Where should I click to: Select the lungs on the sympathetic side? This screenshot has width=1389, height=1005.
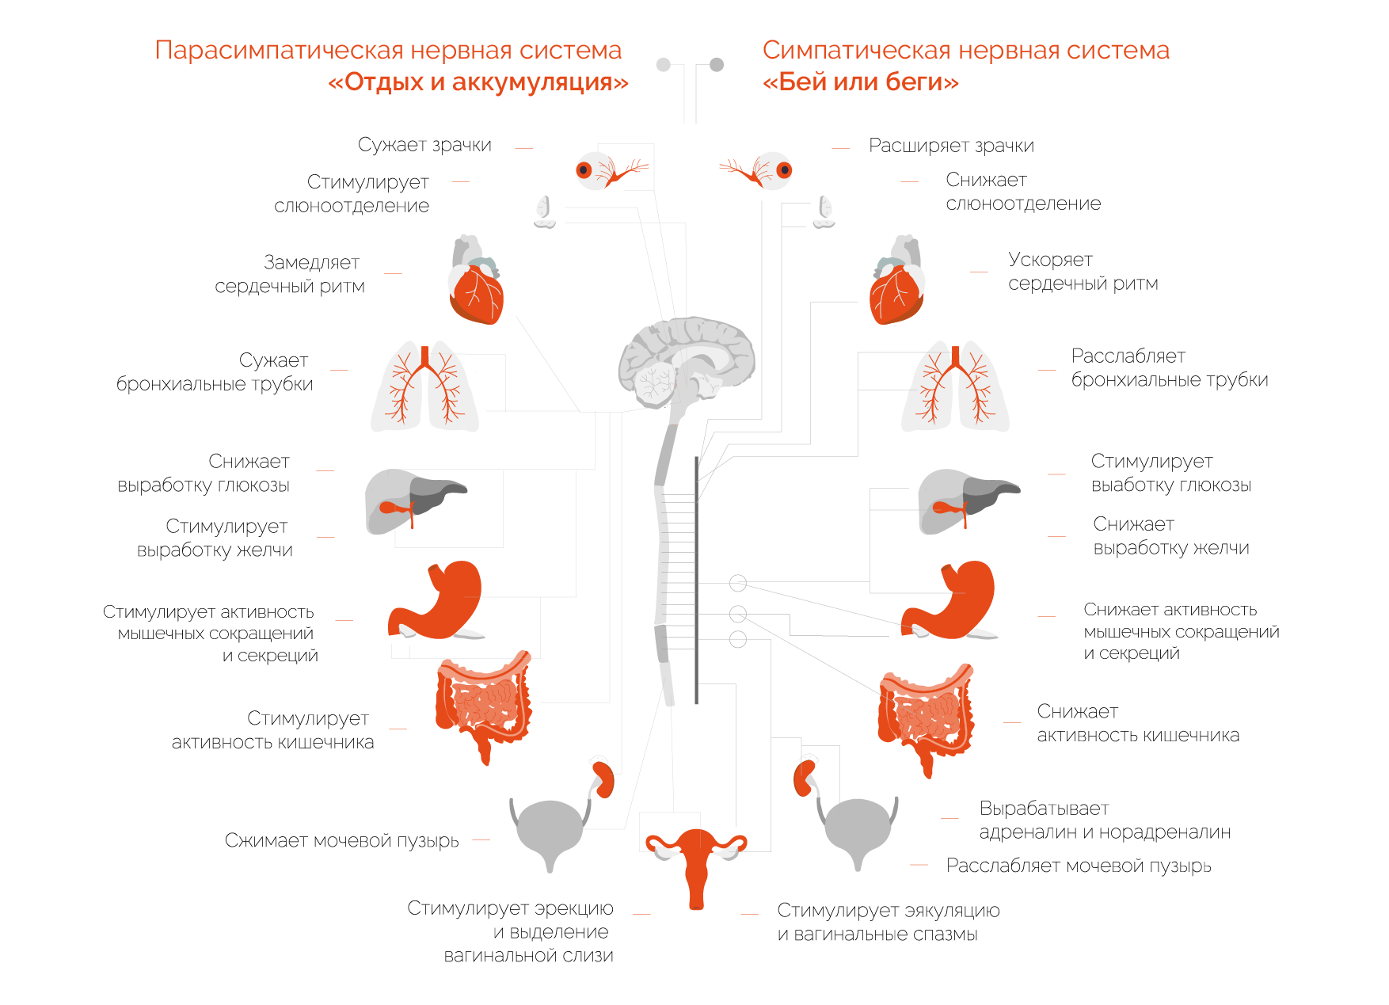(x=955, y=388)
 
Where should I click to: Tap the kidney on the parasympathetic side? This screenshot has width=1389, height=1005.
(x=604, y=778)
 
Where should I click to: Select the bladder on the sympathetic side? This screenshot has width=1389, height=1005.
(x=858, y=828)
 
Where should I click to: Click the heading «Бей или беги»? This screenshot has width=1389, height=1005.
(x=860, y=82)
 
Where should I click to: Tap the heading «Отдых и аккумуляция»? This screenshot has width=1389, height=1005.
(x=478, y=82)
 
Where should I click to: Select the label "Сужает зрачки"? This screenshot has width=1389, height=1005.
(x=424, y=145)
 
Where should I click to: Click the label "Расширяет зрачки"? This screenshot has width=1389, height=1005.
(x=951, y=146)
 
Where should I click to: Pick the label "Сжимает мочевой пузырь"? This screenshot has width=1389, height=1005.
(x=341, y=840)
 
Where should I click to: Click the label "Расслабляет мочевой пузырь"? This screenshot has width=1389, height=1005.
(x=1079, y=866)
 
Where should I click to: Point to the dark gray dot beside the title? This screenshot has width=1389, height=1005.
(x=717, y=65)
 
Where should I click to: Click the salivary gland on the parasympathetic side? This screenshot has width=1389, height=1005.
(x=544, y=211)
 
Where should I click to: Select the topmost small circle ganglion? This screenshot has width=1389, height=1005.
(x=738, y=584)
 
